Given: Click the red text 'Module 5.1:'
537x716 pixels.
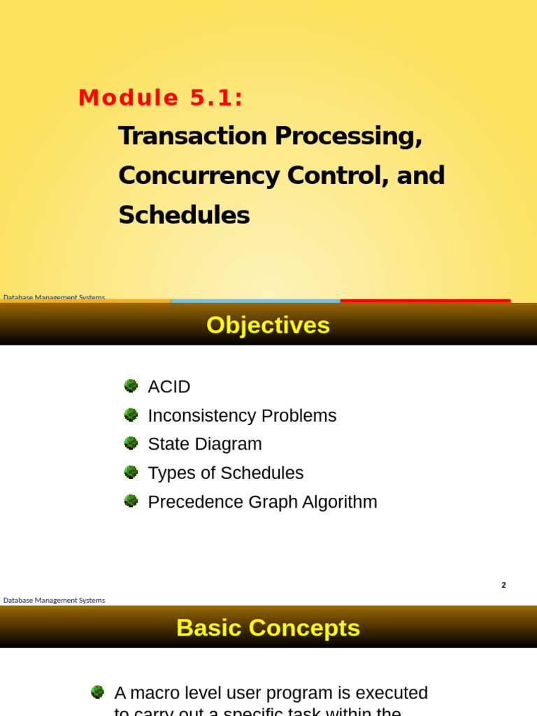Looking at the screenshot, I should [x=161, y=98].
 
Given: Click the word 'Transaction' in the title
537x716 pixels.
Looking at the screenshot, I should [x=192, y=136].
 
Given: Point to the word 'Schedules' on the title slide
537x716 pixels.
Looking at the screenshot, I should [x=184, y=215].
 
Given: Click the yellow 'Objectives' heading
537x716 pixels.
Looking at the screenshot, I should [x=268, y=325].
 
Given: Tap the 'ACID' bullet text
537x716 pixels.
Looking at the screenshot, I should [x=169, y=387].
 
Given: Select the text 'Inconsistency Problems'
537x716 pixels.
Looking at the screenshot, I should [x=242, y=415].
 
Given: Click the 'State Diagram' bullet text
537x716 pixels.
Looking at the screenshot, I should [x=205, y=444].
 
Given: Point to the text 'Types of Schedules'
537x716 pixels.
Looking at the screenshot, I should [x=226, y=473].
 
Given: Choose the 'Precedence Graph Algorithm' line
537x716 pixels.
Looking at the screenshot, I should [x=262, y=502].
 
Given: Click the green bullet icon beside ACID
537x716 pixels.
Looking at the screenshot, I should [x=131, y=386].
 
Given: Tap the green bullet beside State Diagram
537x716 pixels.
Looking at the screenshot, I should [x=131, y=443].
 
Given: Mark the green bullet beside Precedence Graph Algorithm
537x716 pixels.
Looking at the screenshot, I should [x=131, y=501].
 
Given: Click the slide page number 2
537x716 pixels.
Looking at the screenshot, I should [x=503, y=585].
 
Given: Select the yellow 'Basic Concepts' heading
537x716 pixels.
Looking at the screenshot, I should [x=268, y=628].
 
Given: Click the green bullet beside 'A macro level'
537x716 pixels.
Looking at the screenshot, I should [x=97, y=692].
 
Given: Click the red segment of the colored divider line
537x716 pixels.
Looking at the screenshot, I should [x=425, y=301].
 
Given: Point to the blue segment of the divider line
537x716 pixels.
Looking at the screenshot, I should [x=255, y=301].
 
